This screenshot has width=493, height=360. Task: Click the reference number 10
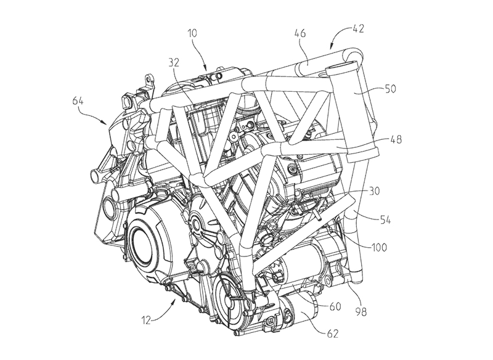tap(192, 33)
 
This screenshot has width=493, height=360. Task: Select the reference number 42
tap(358, 28)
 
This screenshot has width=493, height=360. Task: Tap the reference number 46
tap(300, 33)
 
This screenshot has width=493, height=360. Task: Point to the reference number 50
tap(390, 89)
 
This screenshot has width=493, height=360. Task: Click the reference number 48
tap(396, 139)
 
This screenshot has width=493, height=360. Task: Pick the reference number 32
tap(173, 62)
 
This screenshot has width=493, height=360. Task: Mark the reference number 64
tap(78, 101)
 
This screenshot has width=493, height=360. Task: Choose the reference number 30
tap(374, 191)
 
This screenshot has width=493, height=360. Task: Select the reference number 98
tap(361, 311)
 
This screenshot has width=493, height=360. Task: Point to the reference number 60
tap(335, 306)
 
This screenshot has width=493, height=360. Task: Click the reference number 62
tap(332, 333)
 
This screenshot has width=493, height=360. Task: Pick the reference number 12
tap(147, 321)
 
